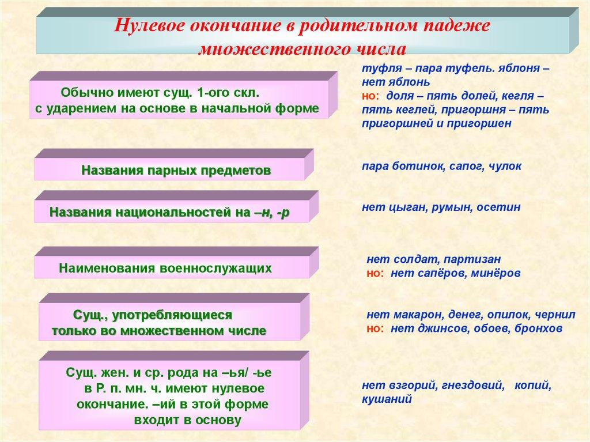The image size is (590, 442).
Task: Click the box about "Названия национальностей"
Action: tap(169, 212)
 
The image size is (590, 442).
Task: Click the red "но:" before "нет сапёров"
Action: tap(375, 273)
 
